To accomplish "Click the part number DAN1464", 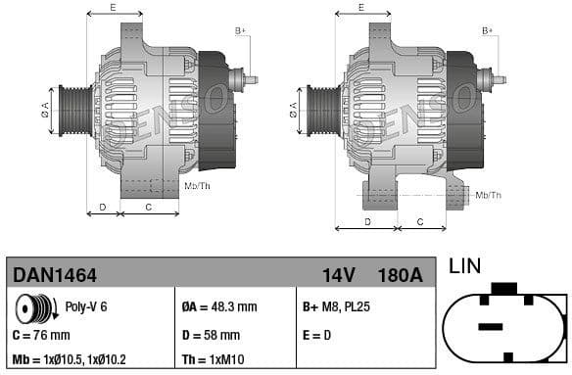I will [54, 275].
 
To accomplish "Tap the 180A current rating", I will [401, 275].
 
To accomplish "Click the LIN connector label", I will [465, 265].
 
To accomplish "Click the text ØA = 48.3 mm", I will [219, 306].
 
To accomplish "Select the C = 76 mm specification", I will [41, 335].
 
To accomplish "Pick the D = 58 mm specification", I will [214, 335].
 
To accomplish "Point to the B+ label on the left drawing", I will [240, 30].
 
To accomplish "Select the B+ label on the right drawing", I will [488, 30].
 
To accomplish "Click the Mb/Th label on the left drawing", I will [197, 185].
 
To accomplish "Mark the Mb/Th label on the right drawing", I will [488, 195].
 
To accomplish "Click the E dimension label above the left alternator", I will [113, 7].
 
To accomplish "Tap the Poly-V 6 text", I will [85, 306].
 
